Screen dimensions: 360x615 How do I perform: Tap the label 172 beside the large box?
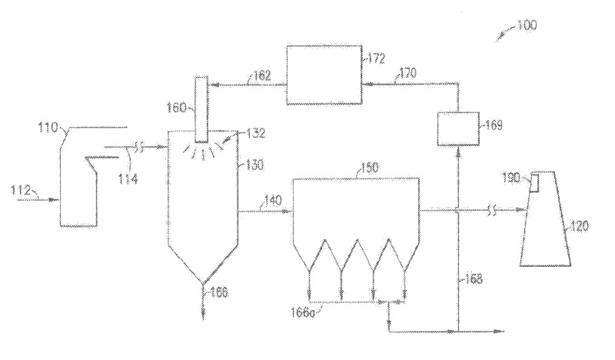tap(377, 58)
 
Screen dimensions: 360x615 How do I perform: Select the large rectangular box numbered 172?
tap(324, 75)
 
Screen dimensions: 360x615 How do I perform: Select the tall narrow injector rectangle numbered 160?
tap(202, 109)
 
